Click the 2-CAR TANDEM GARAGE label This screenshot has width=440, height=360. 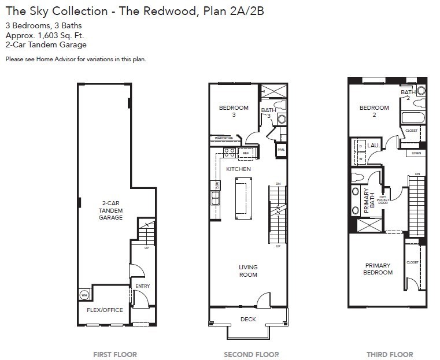pyautogui.click(x=110, y=210)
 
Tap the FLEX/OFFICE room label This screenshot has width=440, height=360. pyautogui.click(x=105, y=310)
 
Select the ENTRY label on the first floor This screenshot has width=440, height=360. pyautogui.click(x=142, y=286)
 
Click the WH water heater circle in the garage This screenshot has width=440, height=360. pyautogui.click(x=84, y=295)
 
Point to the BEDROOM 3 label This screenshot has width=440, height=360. pyautogui.click(x=234, y=111)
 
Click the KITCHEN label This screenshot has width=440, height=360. pyautogui.click(x=238, y=169)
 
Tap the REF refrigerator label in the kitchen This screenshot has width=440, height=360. pyautogui.click(x=246, y=153)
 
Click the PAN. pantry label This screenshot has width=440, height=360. pyautogui.click(x=281, y=150)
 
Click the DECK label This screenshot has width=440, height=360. pyautogui.click(x=247, y=319)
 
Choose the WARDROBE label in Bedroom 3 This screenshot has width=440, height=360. pyautogui.click(x=223, y=139)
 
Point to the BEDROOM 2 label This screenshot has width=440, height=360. pyautogui.click(x=374, y=111)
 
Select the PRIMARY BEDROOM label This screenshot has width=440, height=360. pyautogui.click(x=377, y=269)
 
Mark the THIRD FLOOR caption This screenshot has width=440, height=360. pyautogui.click(x=390, y=354)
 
